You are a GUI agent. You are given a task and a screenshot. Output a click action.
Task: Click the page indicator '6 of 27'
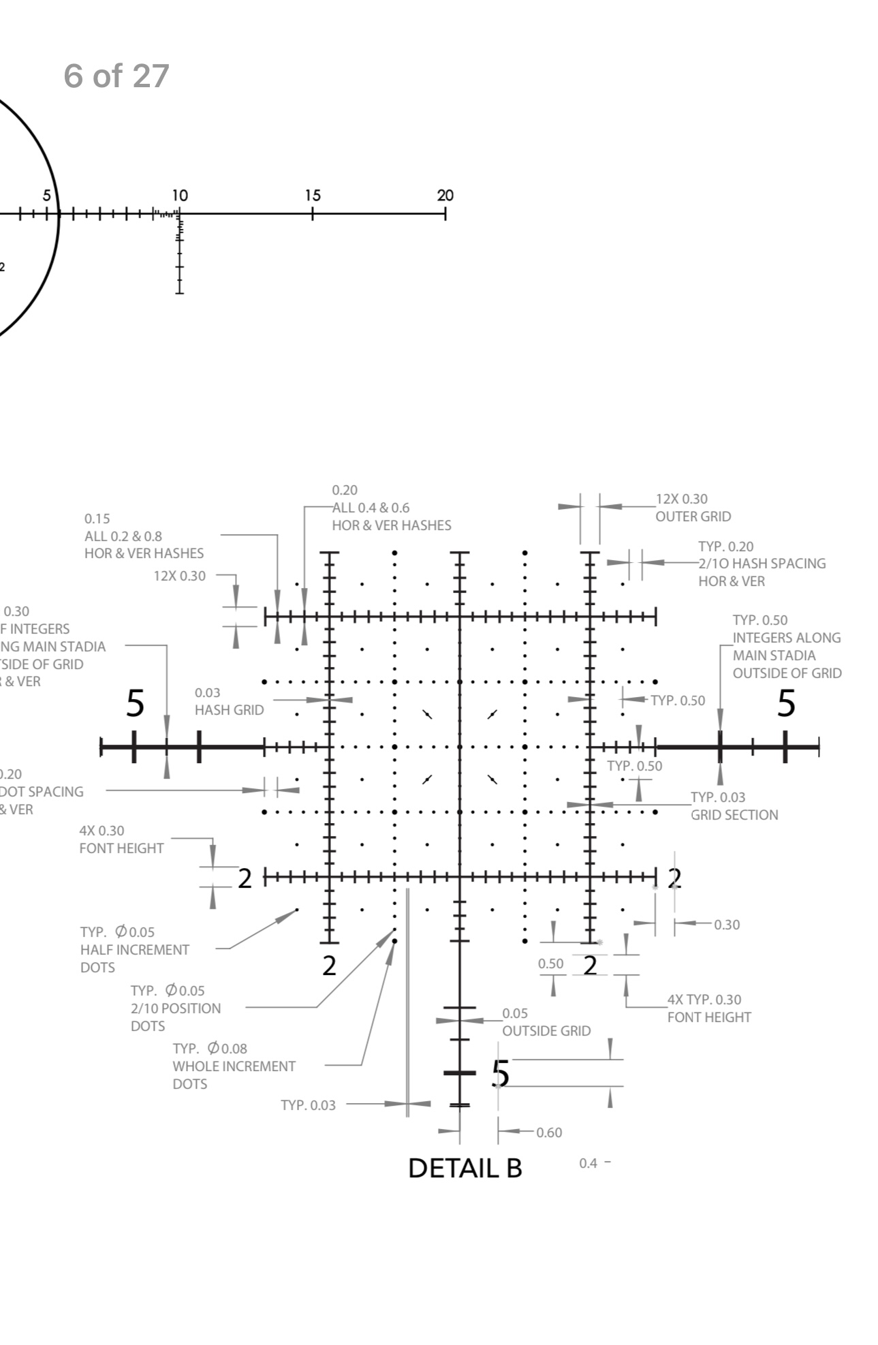pos(116,76)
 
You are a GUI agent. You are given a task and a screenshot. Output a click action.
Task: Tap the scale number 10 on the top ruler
pos(179,196)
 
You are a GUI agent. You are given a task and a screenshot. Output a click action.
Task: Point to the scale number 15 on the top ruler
pos(313,196)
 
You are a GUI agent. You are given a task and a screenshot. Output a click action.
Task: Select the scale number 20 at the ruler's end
pos(445,196)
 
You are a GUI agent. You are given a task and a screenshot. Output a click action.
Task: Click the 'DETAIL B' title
pos(465,1168)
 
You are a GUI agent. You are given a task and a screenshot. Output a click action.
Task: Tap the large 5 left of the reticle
pos(136,703)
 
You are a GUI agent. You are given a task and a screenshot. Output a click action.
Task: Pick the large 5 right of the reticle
pos(786,703)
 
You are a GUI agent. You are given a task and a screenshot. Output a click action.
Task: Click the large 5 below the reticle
pos(501,1073)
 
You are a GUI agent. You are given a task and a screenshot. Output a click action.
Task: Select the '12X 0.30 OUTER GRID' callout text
pos(692,508)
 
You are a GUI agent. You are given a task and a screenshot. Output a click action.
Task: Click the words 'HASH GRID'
pos(229,710)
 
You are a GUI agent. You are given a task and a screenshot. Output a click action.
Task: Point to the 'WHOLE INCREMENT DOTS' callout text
pos(234,1066)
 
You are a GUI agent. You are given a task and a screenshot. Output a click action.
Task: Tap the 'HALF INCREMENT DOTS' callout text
pos(134,950)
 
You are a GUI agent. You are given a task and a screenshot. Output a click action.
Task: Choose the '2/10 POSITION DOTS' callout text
pos(176,1008)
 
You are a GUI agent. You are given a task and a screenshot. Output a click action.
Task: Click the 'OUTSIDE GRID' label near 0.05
pos(546,1031)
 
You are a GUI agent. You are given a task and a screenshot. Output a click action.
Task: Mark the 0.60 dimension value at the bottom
pos(549,1132)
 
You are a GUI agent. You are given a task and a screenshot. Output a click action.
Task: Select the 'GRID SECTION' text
pos(734,815)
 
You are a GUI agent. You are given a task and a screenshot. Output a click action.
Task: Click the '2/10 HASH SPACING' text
pos(762,563)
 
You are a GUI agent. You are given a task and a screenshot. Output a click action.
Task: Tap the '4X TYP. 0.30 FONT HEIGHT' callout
pos(709,1008)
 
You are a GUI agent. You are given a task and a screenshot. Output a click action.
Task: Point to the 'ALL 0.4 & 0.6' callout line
pos(371,508)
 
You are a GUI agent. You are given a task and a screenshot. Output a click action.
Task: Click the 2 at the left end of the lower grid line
pos(245,878)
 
